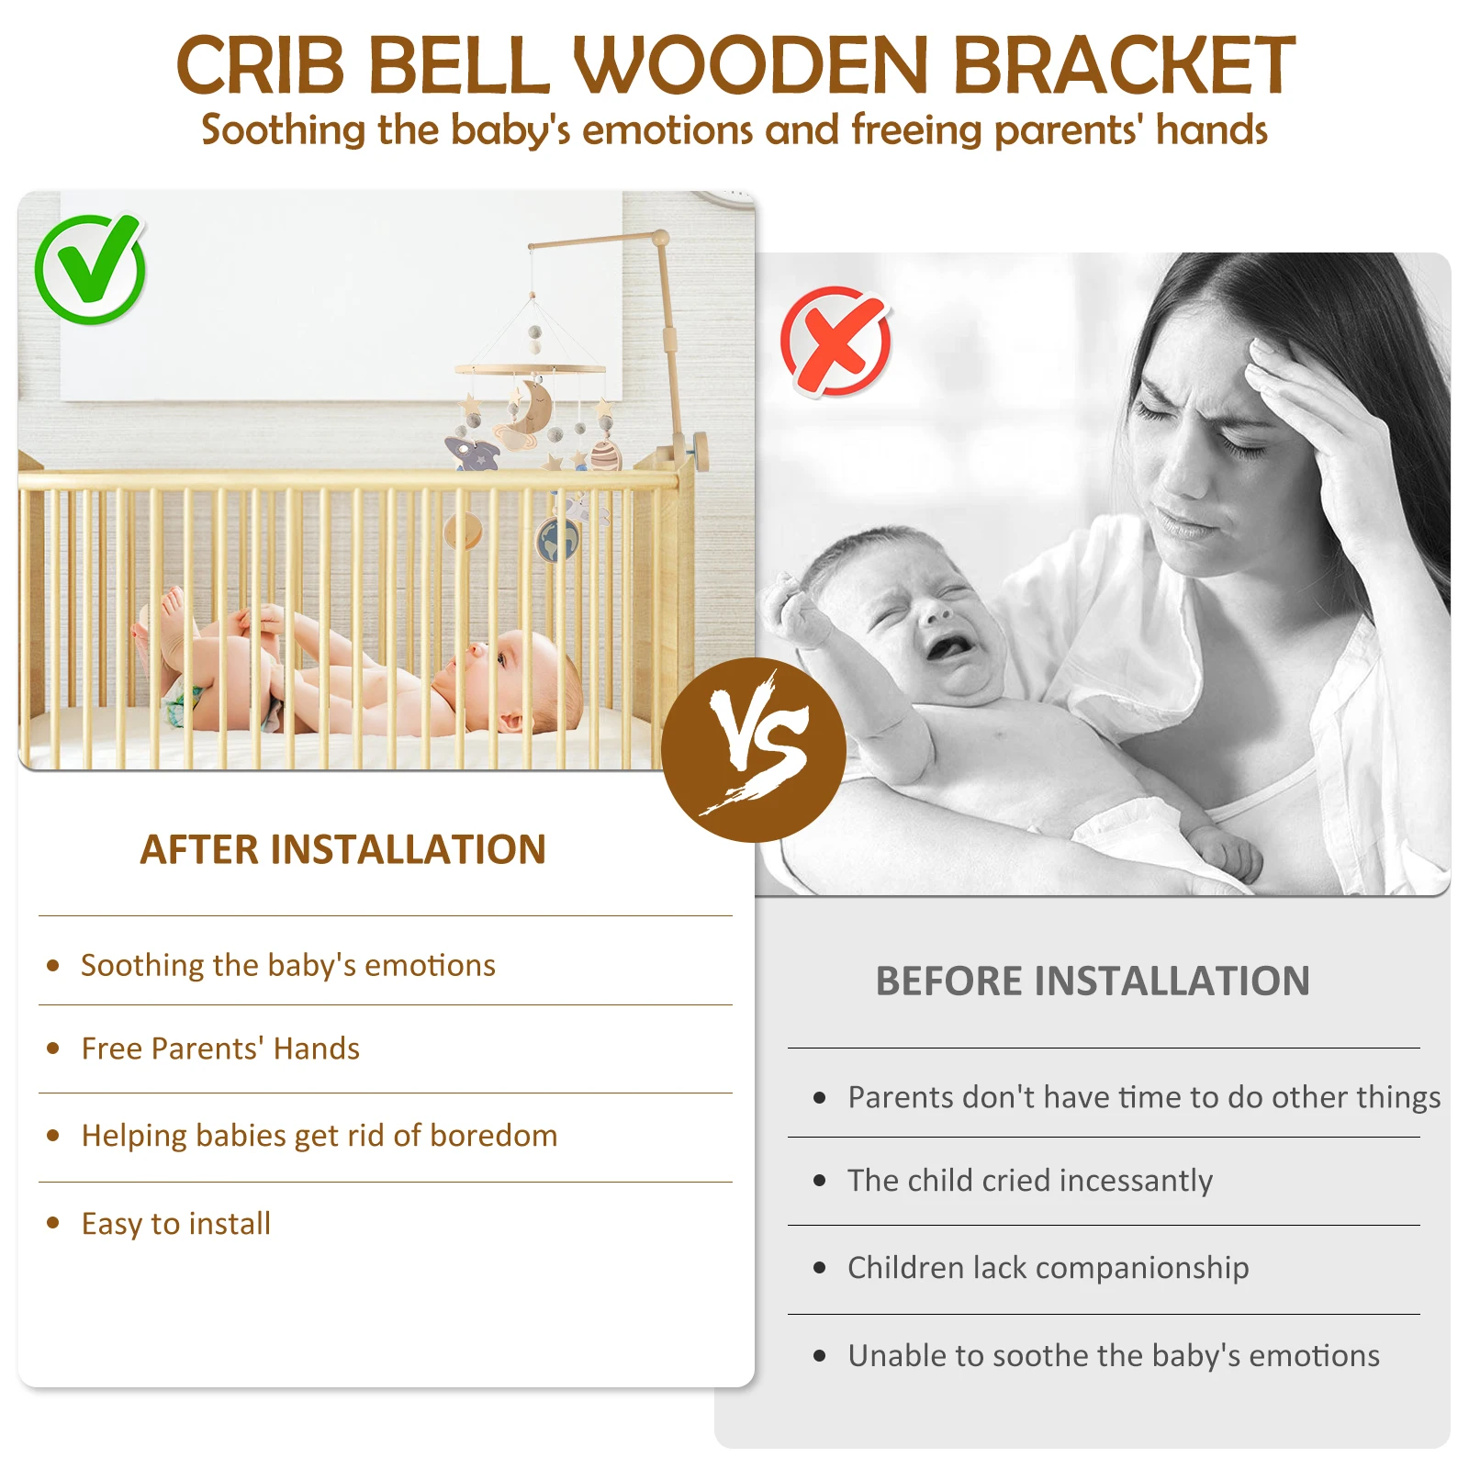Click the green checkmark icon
point(90,268)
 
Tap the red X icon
point(835,342)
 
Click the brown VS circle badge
point(754,749)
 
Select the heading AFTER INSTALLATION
point(342,849)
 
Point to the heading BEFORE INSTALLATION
point(1093,981)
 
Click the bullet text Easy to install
point(175,1224)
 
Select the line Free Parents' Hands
point(220,1048)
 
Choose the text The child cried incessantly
point(1030,1181)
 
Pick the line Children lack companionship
point(1048,1268)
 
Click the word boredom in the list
point(493,1136)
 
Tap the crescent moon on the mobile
point(531,409)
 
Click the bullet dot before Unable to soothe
point(820,1356)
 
